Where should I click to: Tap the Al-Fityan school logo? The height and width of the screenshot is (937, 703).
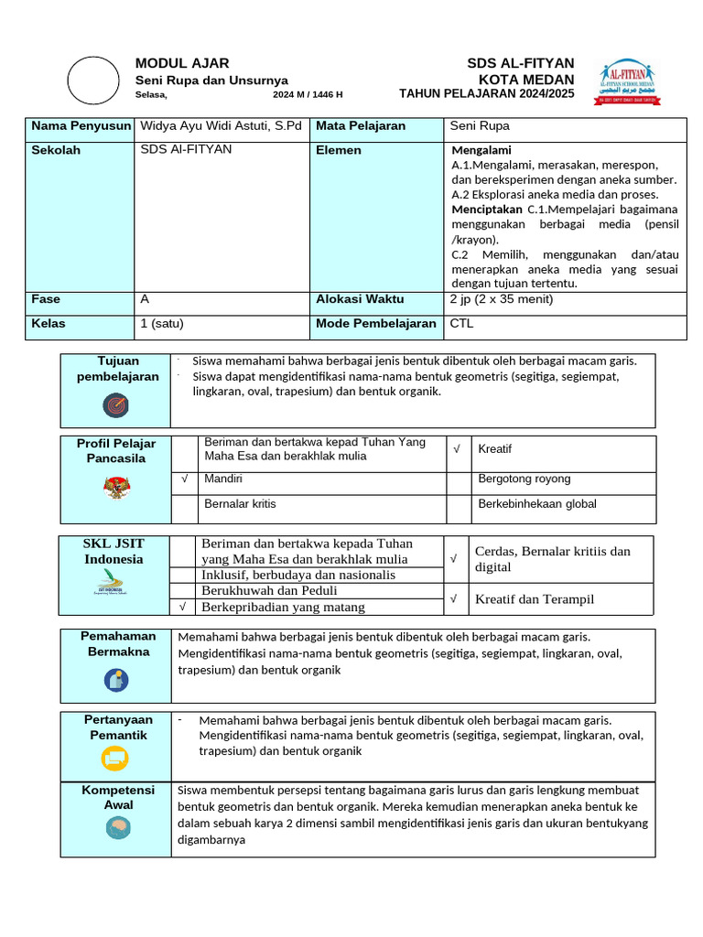point(629,83)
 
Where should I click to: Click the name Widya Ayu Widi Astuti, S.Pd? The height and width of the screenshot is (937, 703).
point(221,126)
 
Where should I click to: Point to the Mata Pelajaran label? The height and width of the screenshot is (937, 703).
point(361,126)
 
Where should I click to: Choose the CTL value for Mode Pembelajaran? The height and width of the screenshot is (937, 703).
point(461,323)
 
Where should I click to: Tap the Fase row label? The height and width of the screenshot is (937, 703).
point(46,299)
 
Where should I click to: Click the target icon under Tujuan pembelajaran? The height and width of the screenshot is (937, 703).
point(115,404)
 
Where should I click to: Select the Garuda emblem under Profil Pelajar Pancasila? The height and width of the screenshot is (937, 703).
point(116,487)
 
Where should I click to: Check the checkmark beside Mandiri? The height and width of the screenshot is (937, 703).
point(184,479)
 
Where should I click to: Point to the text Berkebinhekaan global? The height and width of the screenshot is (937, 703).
point(537,504)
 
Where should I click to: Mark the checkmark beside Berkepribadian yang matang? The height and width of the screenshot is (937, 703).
point(183,607)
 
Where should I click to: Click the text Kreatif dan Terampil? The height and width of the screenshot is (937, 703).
point(535,599)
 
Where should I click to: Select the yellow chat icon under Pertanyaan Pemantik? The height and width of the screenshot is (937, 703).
point(115,758)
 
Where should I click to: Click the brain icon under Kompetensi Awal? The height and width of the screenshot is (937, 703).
point(115,828)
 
